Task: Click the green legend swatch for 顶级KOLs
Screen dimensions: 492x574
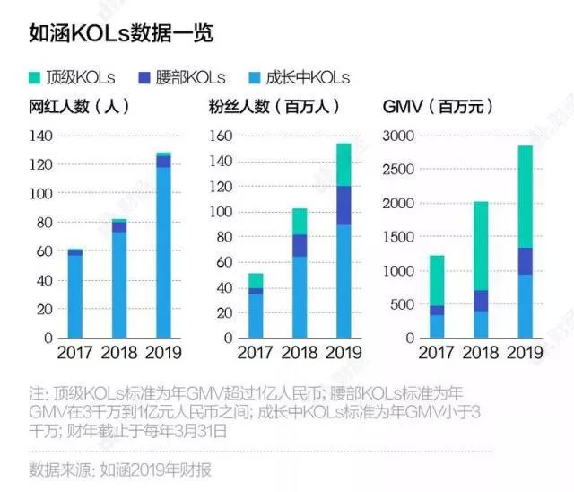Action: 36,77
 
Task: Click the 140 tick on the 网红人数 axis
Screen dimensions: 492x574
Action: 42,136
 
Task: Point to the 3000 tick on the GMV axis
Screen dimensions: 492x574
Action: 398,136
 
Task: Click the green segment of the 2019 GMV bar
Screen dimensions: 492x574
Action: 511,197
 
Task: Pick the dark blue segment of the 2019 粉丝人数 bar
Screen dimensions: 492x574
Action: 344,206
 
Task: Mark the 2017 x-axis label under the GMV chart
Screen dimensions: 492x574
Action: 436,353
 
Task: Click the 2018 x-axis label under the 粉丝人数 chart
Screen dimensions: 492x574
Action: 300,353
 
